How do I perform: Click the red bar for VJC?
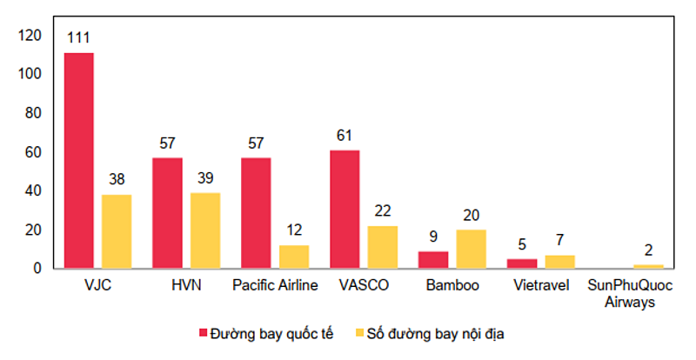[78, 161]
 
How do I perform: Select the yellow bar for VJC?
[117, 231]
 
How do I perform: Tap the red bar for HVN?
[167, 213]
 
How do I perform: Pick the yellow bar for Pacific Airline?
[294, 257]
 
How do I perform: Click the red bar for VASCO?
[345, 210]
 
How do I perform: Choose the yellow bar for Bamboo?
[472, 249]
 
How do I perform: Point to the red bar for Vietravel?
[522, 263]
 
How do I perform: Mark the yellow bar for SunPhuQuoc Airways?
[648, 266]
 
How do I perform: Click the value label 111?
[78, 37]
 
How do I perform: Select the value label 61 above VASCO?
[345, 136]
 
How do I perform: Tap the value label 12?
[294, 230]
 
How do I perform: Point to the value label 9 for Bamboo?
[433, 237]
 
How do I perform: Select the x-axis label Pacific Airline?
[275, 285]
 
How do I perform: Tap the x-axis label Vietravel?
[541, 285]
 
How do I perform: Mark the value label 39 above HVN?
[205, 178]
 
